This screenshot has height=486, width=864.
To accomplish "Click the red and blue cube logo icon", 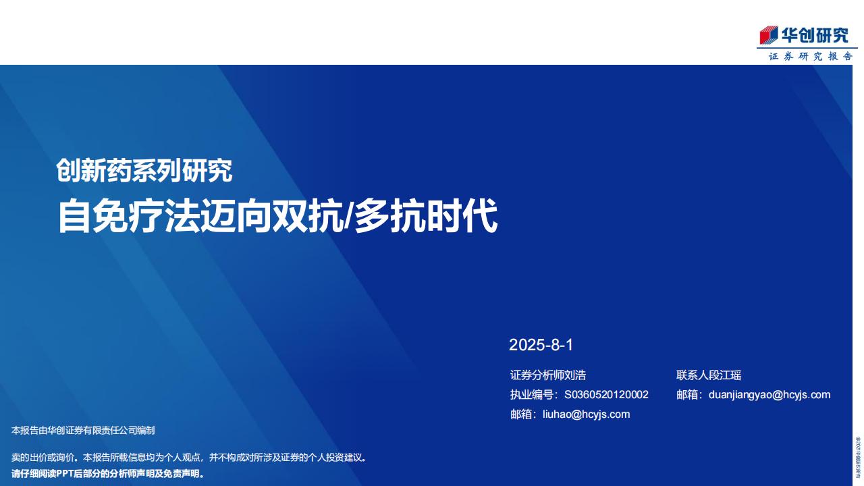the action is (769, 35).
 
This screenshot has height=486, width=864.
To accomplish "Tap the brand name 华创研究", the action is (815, 36).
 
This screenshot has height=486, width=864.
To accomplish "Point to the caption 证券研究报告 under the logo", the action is (811, 56).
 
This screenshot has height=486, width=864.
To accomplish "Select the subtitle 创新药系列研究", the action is (144, 170).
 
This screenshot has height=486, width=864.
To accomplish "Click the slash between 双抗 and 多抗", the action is (348, 216).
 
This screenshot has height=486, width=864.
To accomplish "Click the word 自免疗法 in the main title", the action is (128, 215).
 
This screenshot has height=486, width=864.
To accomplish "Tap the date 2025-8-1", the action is (541, 345).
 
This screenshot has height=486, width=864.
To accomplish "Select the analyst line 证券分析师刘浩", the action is (548, 375).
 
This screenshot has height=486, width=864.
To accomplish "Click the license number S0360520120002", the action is (606, 395).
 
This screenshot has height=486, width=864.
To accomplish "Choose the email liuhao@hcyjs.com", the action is (587, 414).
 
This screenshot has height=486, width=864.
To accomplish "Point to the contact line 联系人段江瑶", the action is (709, 375).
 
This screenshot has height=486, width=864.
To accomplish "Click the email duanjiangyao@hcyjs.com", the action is (769, 395).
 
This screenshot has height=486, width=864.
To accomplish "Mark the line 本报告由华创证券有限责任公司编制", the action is (83, 431).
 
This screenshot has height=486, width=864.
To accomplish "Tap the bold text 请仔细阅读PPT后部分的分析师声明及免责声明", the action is (107, 474).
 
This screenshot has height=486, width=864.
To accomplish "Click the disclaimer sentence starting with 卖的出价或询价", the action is (188, 458).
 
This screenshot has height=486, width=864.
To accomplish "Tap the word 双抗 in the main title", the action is (307, 215).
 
